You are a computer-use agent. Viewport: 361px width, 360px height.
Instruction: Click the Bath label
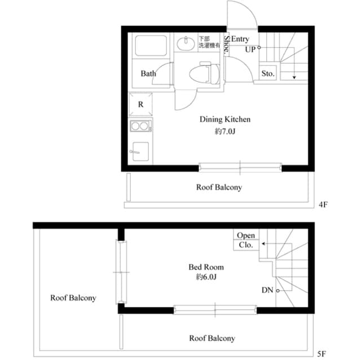coord(148,74)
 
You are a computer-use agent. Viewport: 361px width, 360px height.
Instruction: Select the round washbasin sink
coord(184,44)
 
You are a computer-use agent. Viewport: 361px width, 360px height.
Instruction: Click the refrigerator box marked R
coord(140,105)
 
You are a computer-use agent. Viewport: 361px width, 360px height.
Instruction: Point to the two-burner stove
coord(140,127)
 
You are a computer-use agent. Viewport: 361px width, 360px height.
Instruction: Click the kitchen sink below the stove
coord(140,152)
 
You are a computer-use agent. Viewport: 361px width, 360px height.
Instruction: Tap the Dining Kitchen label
coord(225,119)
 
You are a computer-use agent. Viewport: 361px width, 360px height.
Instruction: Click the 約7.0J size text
coord(225,131)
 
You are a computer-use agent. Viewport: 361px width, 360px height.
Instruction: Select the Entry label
coord(240,39)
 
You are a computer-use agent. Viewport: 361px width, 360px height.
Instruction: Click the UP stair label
coord(251,49)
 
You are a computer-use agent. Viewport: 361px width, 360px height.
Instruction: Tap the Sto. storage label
coord(267,74)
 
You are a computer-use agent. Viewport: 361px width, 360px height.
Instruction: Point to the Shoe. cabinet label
coord(226,45)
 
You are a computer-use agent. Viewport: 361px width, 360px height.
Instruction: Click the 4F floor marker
coord(323,205)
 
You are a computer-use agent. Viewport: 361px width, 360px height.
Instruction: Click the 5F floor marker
coord(322,353)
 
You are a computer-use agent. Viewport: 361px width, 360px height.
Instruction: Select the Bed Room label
coord(206,267)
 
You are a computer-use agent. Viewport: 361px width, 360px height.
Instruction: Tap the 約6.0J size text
coord(206,278)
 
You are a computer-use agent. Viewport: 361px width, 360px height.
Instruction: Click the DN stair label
coord(268,290)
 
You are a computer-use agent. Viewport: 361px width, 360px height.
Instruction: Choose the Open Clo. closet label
coord(246,240)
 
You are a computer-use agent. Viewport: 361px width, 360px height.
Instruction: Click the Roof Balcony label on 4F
coord(219,187)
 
